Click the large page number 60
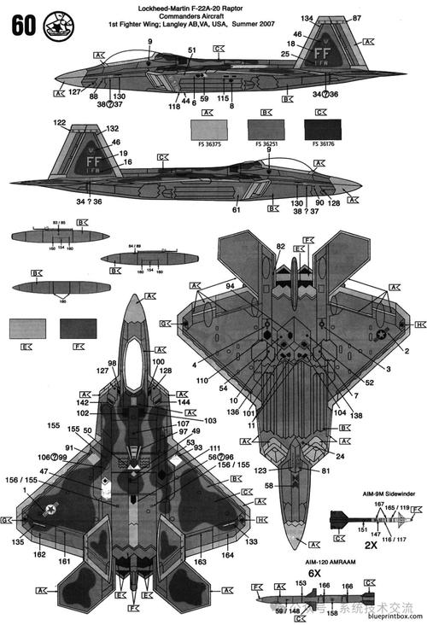point(21,26)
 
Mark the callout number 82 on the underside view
point(280,246)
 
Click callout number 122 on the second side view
point(60,124)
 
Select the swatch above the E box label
point(28,328)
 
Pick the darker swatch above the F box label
point(79,328)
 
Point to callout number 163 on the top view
point(199,563)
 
